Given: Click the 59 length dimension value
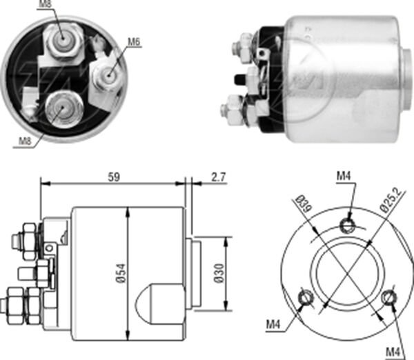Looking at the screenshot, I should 114,177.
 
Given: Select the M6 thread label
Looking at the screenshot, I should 134,43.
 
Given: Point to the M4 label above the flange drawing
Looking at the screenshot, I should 344,178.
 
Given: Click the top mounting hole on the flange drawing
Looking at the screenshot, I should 349,222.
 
